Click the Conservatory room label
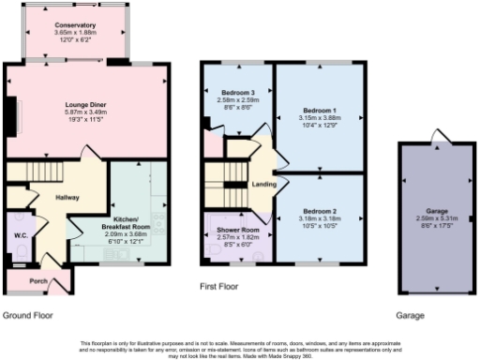(75, 25)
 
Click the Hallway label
(67, 198)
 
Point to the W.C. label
(20, 234)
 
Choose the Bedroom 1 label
(319, 110)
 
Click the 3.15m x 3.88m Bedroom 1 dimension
(319, 117)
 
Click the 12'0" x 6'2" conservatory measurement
(75, 40)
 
